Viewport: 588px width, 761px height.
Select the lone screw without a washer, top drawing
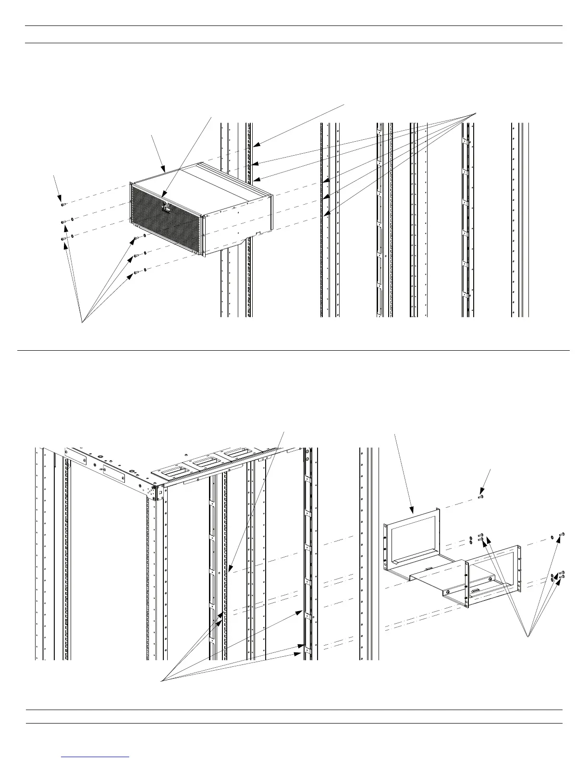pos(63,204)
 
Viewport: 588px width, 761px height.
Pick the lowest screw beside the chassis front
pos(137,272)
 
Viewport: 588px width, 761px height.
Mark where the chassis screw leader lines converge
pos(82,322)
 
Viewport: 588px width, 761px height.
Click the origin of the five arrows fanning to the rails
pos(476,112)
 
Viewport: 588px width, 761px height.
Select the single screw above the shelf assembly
pos(480,497)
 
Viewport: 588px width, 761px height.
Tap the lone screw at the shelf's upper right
pos(563,534)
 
